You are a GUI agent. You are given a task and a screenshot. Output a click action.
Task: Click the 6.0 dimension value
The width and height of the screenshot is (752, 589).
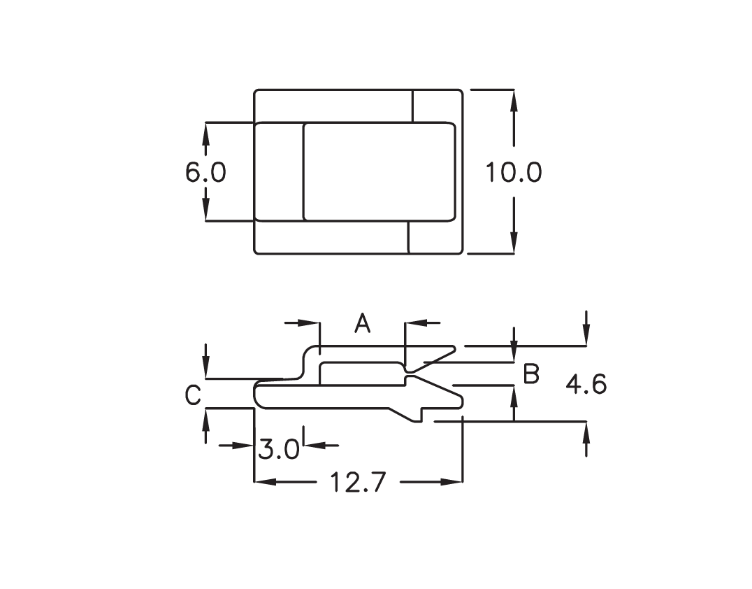(x=205, y=172)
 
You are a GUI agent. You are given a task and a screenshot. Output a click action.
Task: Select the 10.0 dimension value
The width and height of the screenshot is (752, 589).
(x=514, y=172)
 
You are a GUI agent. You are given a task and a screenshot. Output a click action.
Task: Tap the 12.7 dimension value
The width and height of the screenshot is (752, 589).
(x=359, y=483)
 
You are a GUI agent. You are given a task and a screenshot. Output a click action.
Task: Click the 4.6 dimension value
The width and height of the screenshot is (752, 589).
(x=586, y=385)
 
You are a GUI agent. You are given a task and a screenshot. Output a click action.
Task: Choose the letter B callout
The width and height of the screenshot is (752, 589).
(x=531, y=374)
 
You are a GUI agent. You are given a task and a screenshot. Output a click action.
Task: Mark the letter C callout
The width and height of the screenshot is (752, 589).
(x=193, y=396)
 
